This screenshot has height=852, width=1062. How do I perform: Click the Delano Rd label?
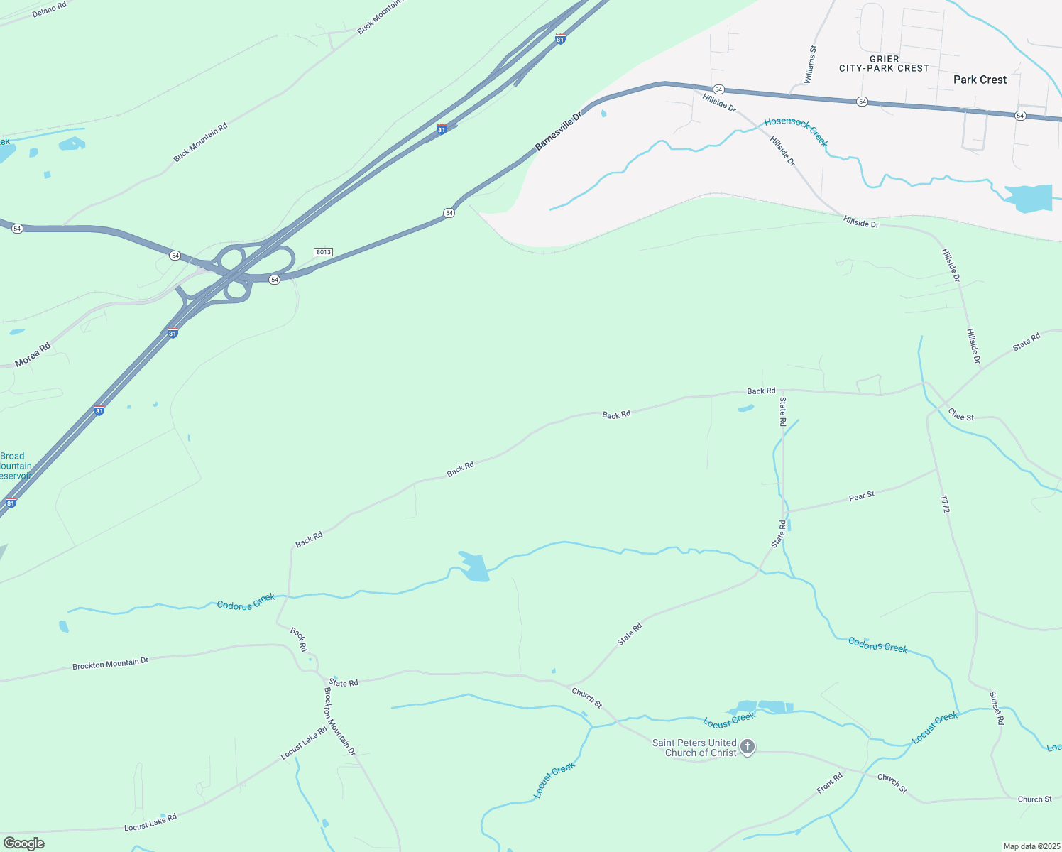pyautogui.click(x=49, y=10)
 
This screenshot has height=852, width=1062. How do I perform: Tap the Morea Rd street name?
pyautogui.click(x=33, y=354)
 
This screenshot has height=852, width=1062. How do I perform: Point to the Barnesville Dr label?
pyautogui.click(x=558, y=130)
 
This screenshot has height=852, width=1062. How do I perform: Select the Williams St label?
pyautogui.click(x=811, y=63)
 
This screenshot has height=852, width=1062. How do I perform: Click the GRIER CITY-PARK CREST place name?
pyautogui.click(x=884, y=64)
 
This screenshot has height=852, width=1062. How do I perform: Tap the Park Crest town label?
pyautogui.click(x=980, y=80)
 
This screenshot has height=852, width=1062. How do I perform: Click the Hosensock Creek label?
pyautogui.click(x=796, y=132)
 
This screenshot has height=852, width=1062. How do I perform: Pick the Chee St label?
pyautogui.click(x=961, y=415)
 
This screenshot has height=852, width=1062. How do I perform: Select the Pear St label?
pyautogui.click(x=861, y=496)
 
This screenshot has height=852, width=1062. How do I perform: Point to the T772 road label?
pyautogui.click(x=944, y=504)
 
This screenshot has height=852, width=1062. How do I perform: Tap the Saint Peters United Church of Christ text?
pyautogui.click(x=694, y=748)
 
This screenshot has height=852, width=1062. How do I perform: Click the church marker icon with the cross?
pyautogui.click(x=747, y=747)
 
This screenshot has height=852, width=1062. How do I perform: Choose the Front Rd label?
pyautogui.click(x=829, y=782)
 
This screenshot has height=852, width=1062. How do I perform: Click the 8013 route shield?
pyautogui.click(x=323, y=252)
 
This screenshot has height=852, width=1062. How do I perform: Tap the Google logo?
pyautogui.click(x=23, y=843)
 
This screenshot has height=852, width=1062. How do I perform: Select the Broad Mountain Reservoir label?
pyautogui.click(x=14, y=466)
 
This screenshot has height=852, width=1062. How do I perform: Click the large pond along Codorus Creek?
pyautogui.click(x=473, y=567)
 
